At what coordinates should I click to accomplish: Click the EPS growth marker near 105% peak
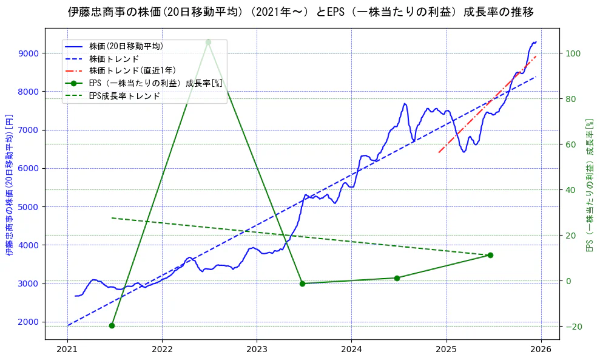208,42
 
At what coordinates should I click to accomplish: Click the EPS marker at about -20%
112,325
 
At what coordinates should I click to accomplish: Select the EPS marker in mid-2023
302,284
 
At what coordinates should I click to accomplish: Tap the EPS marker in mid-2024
397,278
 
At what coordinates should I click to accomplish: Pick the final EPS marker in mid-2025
490,255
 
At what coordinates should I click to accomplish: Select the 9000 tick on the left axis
29,53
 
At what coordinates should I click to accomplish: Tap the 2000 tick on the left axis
29,322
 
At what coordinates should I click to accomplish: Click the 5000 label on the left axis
29,207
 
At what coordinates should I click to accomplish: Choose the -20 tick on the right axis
573,327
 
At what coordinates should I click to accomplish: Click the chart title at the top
301,12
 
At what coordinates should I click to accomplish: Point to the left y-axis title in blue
9,185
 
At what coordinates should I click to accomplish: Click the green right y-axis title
588,185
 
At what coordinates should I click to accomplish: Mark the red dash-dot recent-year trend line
485,104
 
